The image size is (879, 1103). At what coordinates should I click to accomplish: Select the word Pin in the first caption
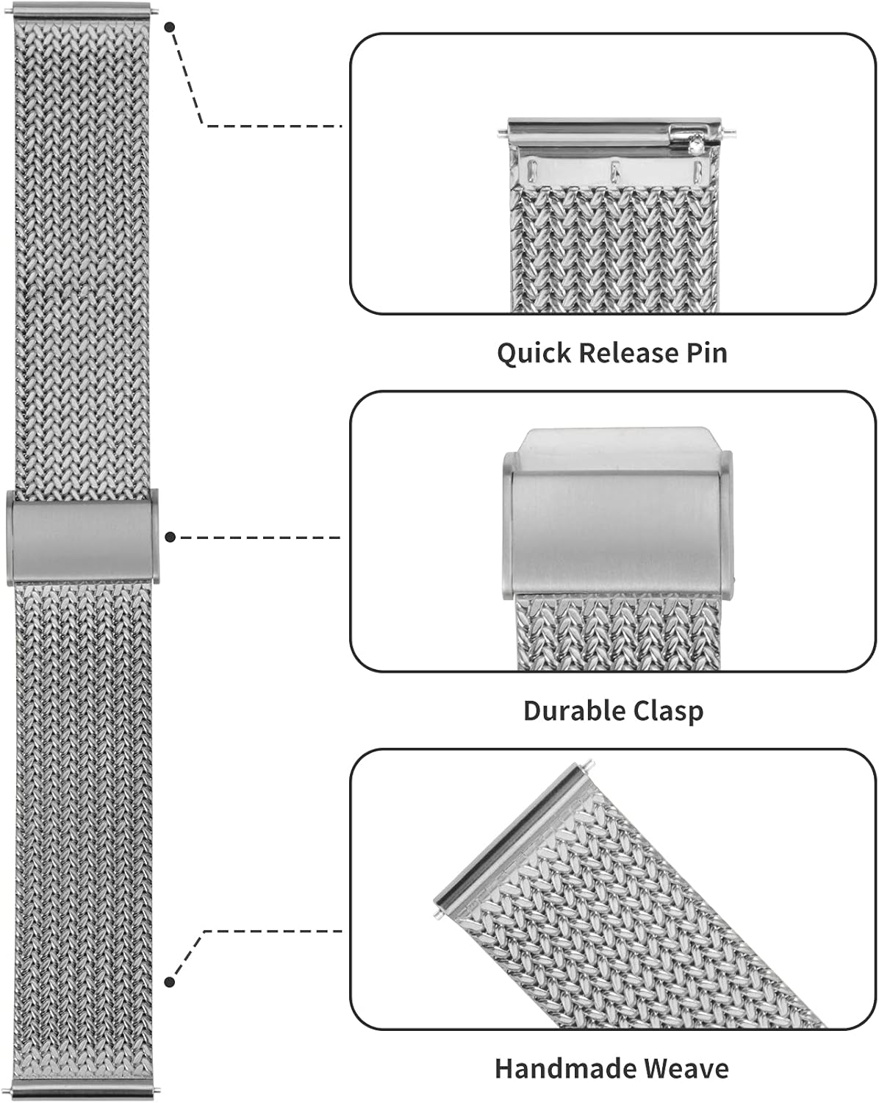coord(707,353)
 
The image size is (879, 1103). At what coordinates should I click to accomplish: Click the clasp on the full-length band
coord(82,538)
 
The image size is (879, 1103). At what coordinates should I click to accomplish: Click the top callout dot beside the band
coord(170,26)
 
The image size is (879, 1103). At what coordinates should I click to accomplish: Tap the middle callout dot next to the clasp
coord(170,538)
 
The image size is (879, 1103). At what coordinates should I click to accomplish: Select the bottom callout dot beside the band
coord(170,982)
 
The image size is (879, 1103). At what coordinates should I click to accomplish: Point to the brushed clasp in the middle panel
coord(617,529)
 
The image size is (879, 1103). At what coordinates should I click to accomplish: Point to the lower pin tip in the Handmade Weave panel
coord(439,914)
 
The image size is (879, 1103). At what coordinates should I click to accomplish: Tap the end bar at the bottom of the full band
coord(82,1093)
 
